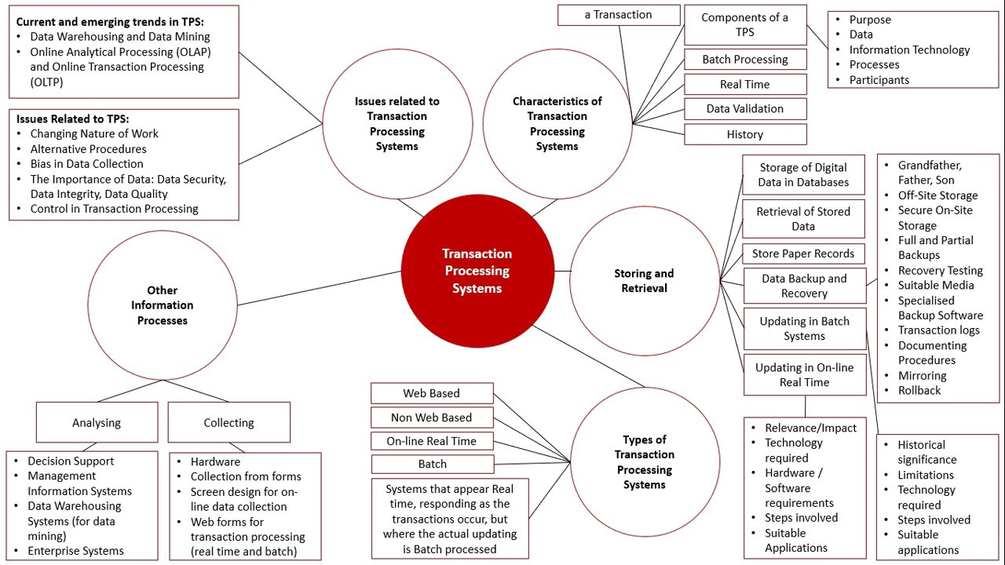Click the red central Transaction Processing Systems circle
pos(477,271)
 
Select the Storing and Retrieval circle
pos(644,281)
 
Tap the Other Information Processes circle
pos(163,304)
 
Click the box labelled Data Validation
pos(744,109)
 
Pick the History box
pos(744,134)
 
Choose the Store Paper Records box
pos(802,253)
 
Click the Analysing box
pos(97,422)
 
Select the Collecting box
pos(228,422)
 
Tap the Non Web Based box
pos(431,417)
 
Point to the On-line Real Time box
pos(431,441)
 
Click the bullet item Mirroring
pos(922,376)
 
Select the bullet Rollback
pos(919,391)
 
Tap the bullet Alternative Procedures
pos(88,149)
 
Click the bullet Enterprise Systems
pos(75,551)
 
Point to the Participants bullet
pos(879,80)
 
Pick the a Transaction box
pos(618,15)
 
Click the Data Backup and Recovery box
pos(804,286)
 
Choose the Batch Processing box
pos(744,60)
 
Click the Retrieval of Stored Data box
pos(802,219)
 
